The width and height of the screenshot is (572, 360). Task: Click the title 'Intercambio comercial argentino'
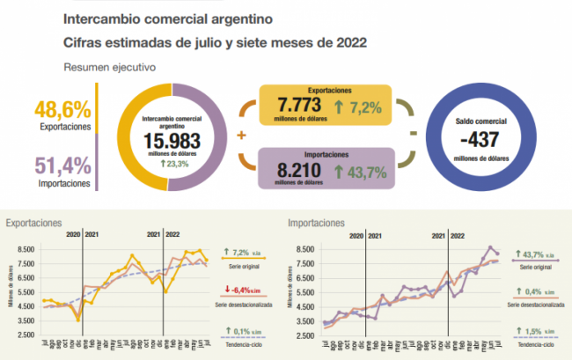(x=168, y=18)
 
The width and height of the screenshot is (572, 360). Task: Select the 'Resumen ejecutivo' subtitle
(x=109, y=66)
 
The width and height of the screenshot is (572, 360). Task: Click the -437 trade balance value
(x=480, y=139)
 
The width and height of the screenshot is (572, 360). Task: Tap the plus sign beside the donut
(x=241, y=136)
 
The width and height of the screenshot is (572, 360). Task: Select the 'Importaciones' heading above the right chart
(x=316, y=224)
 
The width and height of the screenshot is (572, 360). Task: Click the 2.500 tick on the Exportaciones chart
(x=24, y=334)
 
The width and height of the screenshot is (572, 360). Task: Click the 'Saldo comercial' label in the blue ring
(x=480, y=120)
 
